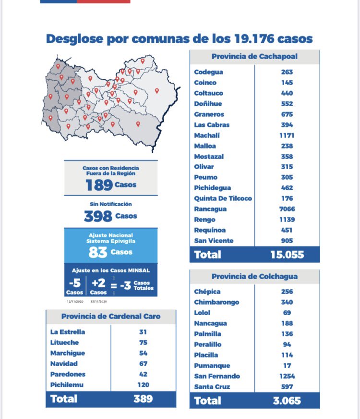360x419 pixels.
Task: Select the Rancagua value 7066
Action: click(x=287, y=209)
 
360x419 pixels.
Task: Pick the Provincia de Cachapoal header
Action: click(x=254, y=56)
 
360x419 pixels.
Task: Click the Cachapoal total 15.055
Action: click(x=287, y=255)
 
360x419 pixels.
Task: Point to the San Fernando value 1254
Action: click(x=287, y=376)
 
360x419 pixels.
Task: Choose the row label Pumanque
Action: click(x=212, y=366)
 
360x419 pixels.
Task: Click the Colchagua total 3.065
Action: click(x=287, y=400)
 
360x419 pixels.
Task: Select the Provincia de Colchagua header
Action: click(x=254, y=276)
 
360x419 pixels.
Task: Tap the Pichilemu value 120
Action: click(x=143, y=385)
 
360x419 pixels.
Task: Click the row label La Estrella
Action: click(x=68, y=332)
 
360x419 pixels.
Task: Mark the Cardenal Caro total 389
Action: click(x=143, y=399)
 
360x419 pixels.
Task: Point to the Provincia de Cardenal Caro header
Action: click(x=111, y=316)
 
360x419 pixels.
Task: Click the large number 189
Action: click(x=99, y=185)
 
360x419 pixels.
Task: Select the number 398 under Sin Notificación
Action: click(x=98, y=216)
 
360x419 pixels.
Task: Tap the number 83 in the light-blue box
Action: click(x=97, y=252)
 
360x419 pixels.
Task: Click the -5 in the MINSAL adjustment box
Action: click(x=75, y=283)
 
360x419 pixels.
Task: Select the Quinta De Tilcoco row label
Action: click(x=223, y=198)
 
